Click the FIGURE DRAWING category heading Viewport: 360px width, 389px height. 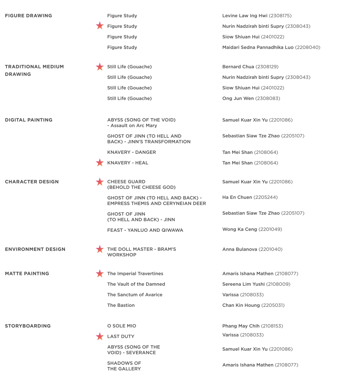tap(28, 16)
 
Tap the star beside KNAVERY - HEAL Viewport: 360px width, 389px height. tap(99, 163)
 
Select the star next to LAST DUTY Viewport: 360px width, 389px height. tap(99, 336)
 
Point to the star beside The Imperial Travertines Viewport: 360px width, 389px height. tap(99, 273)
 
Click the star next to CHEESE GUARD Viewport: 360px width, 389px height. tap(99, 182)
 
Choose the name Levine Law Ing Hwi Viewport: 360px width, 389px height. tap(245, 16)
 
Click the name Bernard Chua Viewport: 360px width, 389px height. tap(238, 67)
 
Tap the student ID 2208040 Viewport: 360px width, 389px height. tap(308, 47)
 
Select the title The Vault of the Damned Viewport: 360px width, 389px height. tap(136, 284)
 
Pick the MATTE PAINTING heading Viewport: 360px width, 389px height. tap(27, 273)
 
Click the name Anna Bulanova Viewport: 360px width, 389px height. tap(240, 249)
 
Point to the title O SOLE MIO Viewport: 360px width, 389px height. tap(121, 326)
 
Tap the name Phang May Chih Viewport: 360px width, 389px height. tap(241, 326)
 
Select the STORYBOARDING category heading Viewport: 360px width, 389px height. tap(28, 326)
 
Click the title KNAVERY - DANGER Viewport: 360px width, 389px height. tap(132, 152)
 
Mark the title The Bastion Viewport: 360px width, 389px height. tap(121, 305)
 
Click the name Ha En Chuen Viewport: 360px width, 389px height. tap(237, 197)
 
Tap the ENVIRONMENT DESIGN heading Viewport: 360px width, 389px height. tap(35, 249)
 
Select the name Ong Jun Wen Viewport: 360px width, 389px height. tap(238, 98)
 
